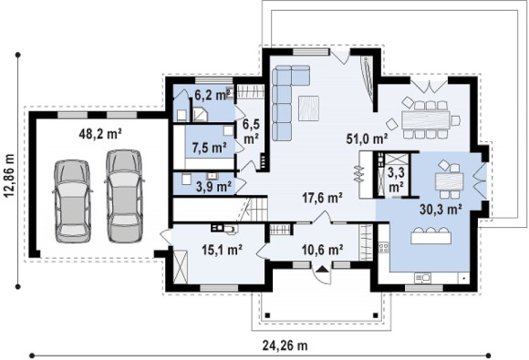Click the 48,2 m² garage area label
[100, 134]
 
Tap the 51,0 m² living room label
[367, 139]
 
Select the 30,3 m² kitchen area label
[441, 210]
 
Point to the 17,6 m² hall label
[322, 198]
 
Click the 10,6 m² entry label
[323, 250]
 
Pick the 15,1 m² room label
[222, 250]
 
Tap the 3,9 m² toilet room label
[213, 186]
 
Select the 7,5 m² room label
[209, 148]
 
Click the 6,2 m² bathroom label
[213, 96]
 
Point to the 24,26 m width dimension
[285, 345]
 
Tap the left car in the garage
[73, 201]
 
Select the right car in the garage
[123, 196]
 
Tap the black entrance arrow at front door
[323, 269]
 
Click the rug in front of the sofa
[308, 108]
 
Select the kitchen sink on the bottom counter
[422, 277]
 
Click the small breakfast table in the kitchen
[449, 181]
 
